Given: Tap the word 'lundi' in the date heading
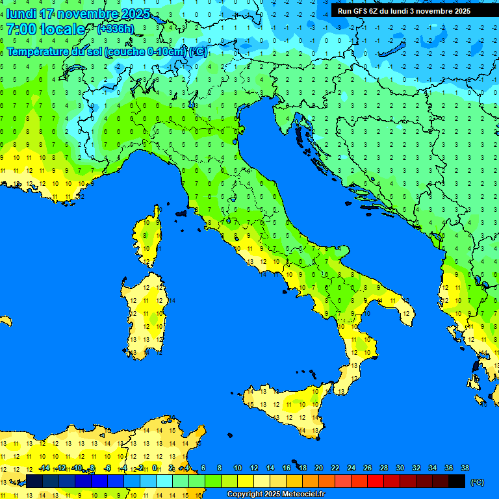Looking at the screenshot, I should [20, 14].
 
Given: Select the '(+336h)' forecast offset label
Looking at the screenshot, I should [115, 29].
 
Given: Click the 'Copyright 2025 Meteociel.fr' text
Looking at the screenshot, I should [275, 494].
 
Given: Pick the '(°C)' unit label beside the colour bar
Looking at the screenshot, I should [477, 482].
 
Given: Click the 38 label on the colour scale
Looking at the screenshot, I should [465, 468].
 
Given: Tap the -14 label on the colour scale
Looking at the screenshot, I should [45, 468].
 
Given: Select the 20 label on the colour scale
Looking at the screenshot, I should [319, 468].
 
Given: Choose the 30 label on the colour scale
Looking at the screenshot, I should [400, 468].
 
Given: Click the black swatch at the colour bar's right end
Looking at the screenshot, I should [457, 481].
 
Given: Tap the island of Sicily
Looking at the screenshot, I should [286, 406].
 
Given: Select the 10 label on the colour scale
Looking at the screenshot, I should [238, 468].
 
